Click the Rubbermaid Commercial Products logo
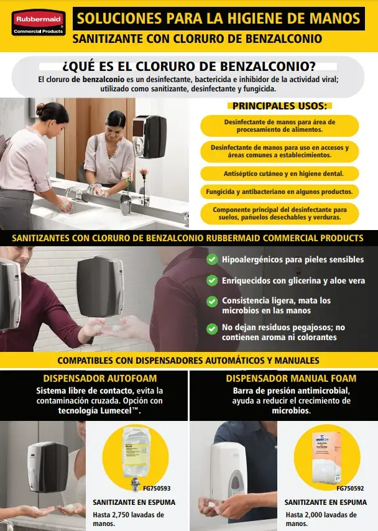click(x=36, y=22)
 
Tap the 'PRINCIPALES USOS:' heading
click(x=279, y=106)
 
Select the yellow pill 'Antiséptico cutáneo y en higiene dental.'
click(x=279, y=173)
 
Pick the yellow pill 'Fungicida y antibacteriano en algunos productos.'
click(x=279, y=192)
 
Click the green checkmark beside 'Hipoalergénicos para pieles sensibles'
click(x=213, y=259)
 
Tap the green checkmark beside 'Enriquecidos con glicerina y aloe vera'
click(x=213, y=280)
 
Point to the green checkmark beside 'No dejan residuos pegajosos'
click(x=213, y=327)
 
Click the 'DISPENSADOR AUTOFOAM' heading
click(x=91, y=378)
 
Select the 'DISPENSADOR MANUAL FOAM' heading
click(x=282, y=378)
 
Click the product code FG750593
click(x=156, y=488)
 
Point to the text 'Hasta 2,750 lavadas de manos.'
click(x=128, y=519)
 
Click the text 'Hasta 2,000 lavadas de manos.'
click(x=321, y=519)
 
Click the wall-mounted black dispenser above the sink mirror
click(x=150, y=136)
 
